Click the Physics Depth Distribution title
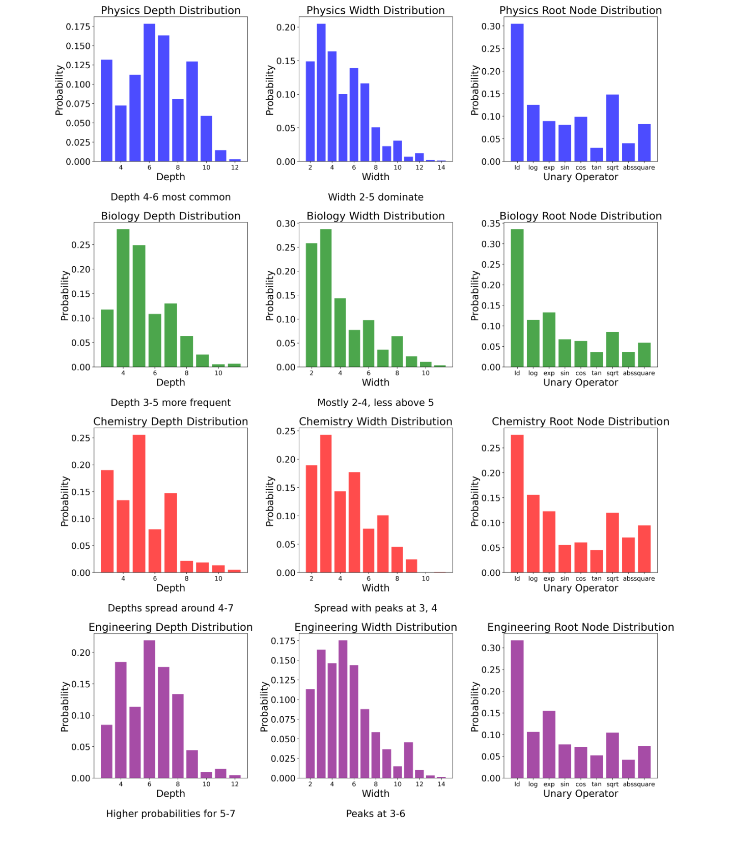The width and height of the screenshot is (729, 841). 171,10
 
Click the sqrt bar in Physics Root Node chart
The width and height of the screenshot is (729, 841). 612,128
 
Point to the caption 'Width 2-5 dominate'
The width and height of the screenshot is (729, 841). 375,197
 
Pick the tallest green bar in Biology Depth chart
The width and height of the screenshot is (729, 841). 123,298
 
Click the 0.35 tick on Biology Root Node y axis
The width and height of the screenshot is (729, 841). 491,223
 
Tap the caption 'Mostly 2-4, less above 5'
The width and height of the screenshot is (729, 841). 375,403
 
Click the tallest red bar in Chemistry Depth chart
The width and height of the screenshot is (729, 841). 139,503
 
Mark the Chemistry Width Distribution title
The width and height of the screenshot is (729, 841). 375,422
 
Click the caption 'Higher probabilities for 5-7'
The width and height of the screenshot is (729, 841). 171,814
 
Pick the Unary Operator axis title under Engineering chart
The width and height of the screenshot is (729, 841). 580,794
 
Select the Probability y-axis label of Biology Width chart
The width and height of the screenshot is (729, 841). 270,295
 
